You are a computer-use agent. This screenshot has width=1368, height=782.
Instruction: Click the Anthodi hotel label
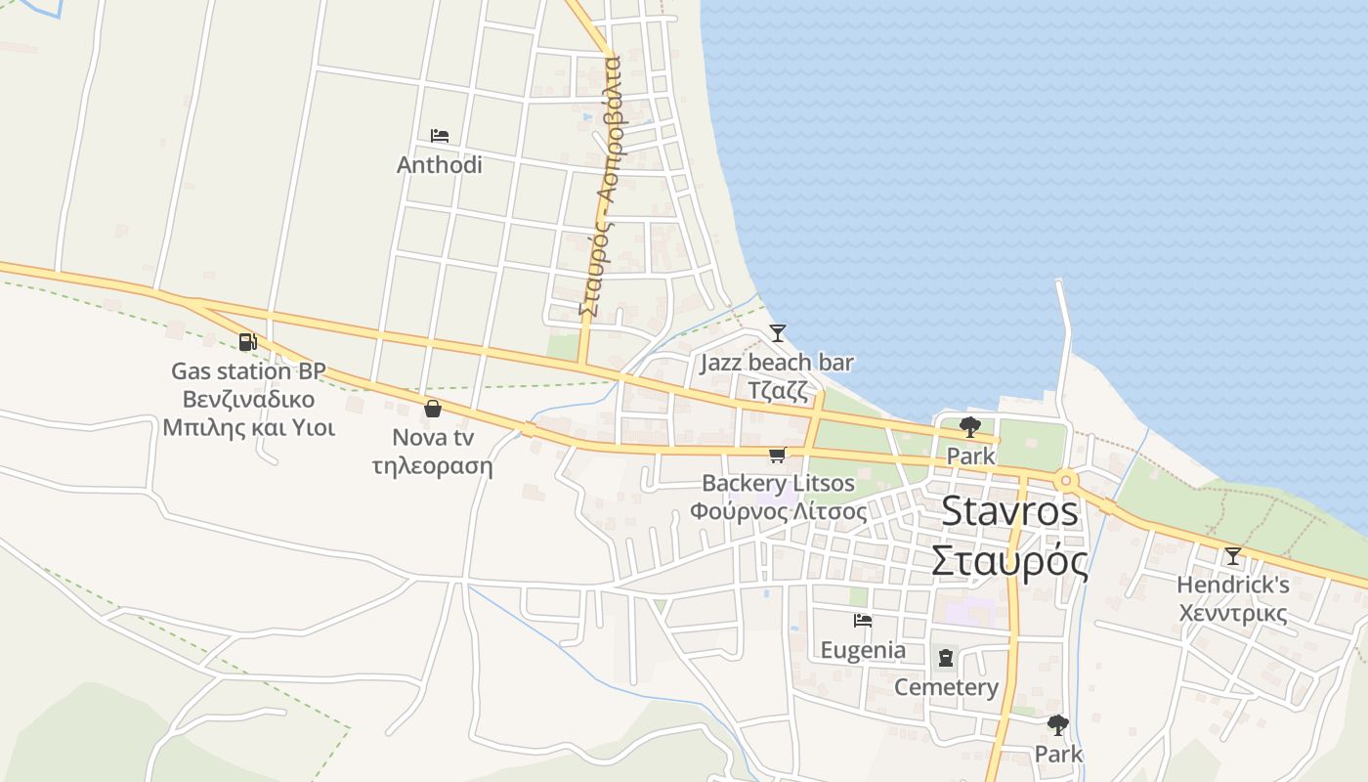(x=439, y=164)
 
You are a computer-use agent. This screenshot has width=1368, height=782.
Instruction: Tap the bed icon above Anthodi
(x=439, y=136)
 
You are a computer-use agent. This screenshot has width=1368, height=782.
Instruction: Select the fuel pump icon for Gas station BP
(x=247, y=342)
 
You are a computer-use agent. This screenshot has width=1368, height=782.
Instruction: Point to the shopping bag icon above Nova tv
(x=433, y=408)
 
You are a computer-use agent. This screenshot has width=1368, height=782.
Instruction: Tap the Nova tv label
(x=433, y=437)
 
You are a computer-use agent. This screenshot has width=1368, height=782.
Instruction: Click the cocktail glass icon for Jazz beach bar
(x=777, y=333)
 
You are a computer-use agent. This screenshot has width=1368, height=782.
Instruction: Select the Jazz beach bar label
(x=777, y=363)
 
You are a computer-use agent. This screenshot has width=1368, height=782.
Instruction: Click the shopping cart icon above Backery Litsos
(x=777, y=455)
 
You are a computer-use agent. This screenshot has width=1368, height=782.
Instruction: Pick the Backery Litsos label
(x=778, y=483)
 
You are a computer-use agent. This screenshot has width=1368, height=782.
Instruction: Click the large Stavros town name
(x=1010, y=511)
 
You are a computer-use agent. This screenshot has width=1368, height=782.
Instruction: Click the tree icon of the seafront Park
(x=969, y=426)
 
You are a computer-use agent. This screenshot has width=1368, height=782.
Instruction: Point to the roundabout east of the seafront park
(x=1065, y=480)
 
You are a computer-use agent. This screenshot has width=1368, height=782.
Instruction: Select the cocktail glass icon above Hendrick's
(x=1233, y=556)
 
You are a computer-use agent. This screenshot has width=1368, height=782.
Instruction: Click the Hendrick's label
(x=1232, y=585)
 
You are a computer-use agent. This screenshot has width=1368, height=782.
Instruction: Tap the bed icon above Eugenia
(x=862, y=621)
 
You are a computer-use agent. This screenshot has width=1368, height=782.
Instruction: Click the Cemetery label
(x=946, y=687)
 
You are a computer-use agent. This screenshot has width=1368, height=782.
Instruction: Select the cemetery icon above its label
(x=946, y=659)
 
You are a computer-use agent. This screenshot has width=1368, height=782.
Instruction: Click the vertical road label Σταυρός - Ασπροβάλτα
(x=599, y=186)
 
